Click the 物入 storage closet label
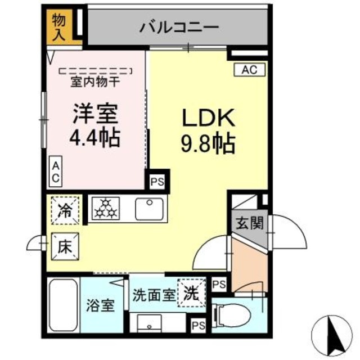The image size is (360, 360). (59, 28)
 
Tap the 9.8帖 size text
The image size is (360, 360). (208, 145)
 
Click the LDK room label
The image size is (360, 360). (208, 119)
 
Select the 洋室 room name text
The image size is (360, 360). (94, 113)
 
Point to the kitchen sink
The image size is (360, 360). (150, 209)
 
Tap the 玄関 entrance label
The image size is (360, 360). (247, 224)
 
